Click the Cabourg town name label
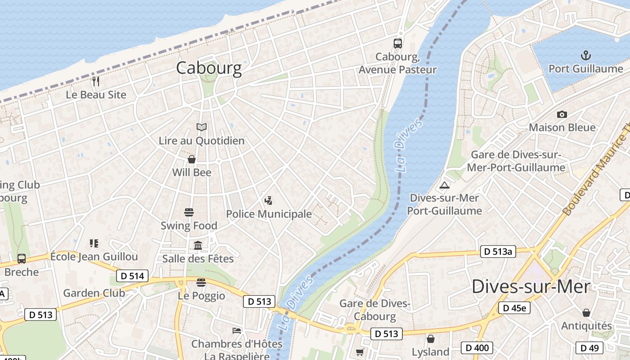[209, 68]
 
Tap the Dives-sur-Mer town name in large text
[531, 287]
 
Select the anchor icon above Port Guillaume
[585, 56]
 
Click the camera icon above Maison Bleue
[562, 115]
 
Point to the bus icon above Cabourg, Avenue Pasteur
[397, 44]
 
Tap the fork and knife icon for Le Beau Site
[95, 81]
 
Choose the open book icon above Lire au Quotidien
[202, 127]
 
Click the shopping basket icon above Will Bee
[192, 159]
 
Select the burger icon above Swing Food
[189, 212]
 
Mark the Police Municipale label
[269, 214]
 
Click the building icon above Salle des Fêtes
[198, 245]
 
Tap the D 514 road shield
[132, 276]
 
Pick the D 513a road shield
[497, 252]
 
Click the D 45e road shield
[514, 308]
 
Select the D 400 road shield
[477, 347]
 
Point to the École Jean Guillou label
[94, 256]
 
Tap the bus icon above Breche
[22, 259]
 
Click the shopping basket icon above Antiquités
[586, 312]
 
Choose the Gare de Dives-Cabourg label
[375, 310]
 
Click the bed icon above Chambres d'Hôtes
[237, 331]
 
